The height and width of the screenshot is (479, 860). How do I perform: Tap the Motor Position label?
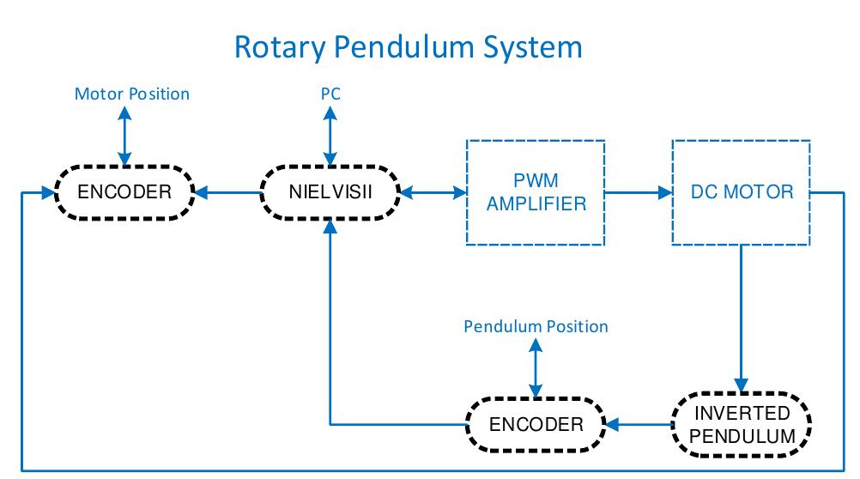(x=131, y=94)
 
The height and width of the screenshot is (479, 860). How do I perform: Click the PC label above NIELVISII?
(x=330, y=94)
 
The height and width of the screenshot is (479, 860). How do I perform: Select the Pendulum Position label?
(x=536, y=326)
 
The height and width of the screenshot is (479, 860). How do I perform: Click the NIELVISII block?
(x=330, y=191)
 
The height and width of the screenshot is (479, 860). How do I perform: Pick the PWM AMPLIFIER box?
(x=536, y=191)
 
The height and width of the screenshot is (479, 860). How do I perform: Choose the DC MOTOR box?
(x=742, y=191)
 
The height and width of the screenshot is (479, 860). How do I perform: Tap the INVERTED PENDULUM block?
(x=742, y=423)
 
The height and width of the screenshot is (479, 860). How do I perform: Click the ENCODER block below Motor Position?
(x=124, y=191)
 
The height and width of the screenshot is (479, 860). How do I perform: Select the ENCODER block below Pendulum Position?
(x=536, y=424)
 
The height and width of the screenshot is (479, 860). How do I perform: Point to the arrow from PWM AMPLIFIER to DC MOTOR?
(x=639, y=191)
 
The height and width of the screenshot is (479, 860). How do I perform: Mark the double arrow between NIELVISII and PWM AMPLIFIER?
(x=433, y=191)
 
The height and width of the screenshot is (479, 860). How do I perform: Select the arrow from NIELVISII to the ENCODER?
(x=227, y=191)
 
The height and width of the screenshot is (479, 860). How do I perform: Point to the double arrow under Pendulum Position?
(x=536, y=367)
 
